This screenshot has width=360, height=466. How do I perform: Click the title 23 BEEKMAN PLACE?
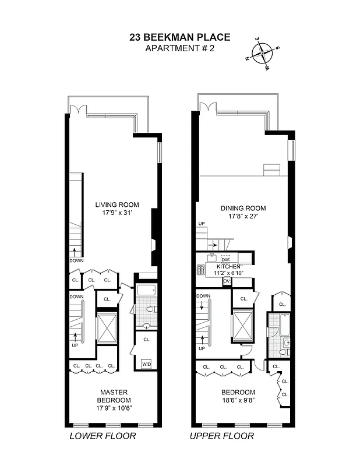(x=179, y=37)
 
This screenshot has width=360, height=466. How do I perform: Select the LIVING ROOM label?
(x=118, y=204)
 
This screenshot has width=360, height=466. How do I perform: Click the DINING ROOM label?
(x=243, y=208)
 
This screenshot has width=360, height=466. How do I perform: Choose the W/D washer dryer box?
(x=146, y=364)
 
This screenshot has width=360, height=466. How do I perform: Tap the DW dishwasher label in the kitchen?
(x=225, y=259)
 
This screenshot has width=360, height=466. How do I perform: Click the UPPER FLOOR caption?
(x=221, y=436)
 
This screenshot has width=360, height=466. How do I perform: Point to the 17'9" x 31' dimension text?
(x=118, y=213)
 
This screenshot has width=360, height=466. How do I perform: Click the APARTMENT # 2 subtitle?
(x=179, y=48)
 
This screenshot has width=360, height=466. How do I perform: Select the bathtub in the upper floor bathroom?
(x=285, y=325)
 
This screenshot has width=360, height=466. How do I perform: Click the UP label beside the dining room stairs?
(x=202, y=224)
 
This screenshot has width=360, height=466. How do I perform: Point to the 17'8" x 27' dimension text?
(x=243, y=217)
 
